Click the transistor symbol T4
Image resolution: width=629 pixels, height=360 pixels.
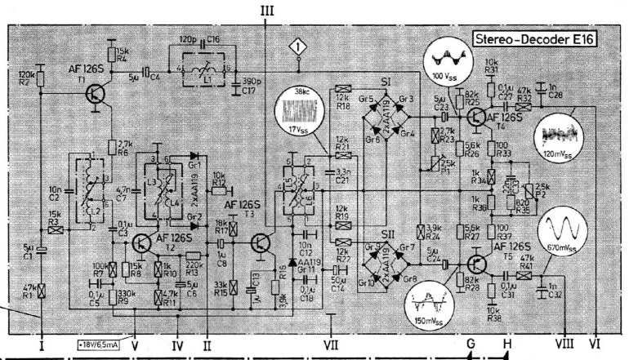(475, 117)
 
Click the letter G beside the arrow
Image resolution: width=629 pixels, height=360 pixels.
(471, 344)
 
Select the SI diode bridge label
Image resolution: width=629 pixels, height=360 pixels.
(388, 83)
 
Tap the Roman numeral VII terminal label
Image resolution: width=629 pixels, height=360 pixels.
(330, 344)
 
